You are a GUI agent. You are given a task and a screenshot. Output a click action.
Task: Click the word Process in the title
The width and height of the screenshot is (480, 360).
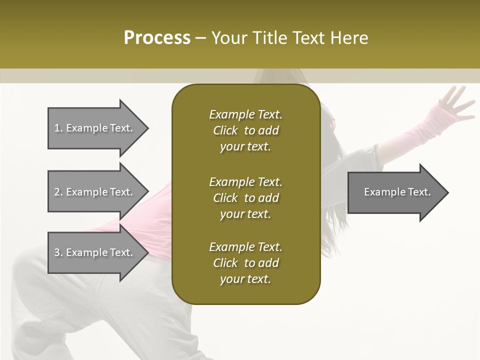click(x=157, y=38)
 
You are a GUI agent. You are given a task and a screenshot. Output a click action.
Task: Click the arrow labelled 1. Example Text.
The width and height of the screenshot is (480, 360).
click(x=93, y=128)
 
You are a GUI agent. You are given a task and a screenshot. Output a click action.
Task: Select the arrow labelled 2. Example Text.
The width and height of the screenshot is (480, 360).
click(x=93, y=192)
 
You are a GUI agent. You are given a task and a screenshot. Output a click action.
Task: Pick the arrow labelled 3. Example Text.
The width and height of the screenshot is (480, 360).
click(x=93, y=252)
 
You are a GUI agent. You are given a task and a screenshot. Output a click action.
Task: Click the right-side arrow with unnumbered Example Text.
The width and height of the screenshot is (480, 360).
click(x=397, y=192)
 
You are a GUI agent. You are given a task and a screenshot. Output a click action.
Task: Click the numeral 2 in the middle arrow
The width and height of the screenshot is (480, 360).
click(x=57, y=192)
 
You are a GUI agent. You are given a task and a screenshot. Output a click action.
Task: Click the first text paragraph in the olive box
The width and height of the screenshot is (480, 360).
click(x=245, y=130)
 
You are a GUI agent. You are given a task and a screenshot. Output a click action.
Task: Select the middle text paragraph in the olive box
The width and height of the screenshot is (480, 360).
click(x=245, y=197)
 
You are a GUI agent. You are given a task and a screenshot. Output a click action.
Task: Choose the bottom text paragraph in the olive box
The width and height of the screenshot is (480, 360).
click(x=245, y=263)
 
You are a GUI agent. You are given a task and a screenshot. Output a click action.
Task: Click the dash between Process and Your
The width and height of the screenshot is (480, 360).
click(x=201, y=38)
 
